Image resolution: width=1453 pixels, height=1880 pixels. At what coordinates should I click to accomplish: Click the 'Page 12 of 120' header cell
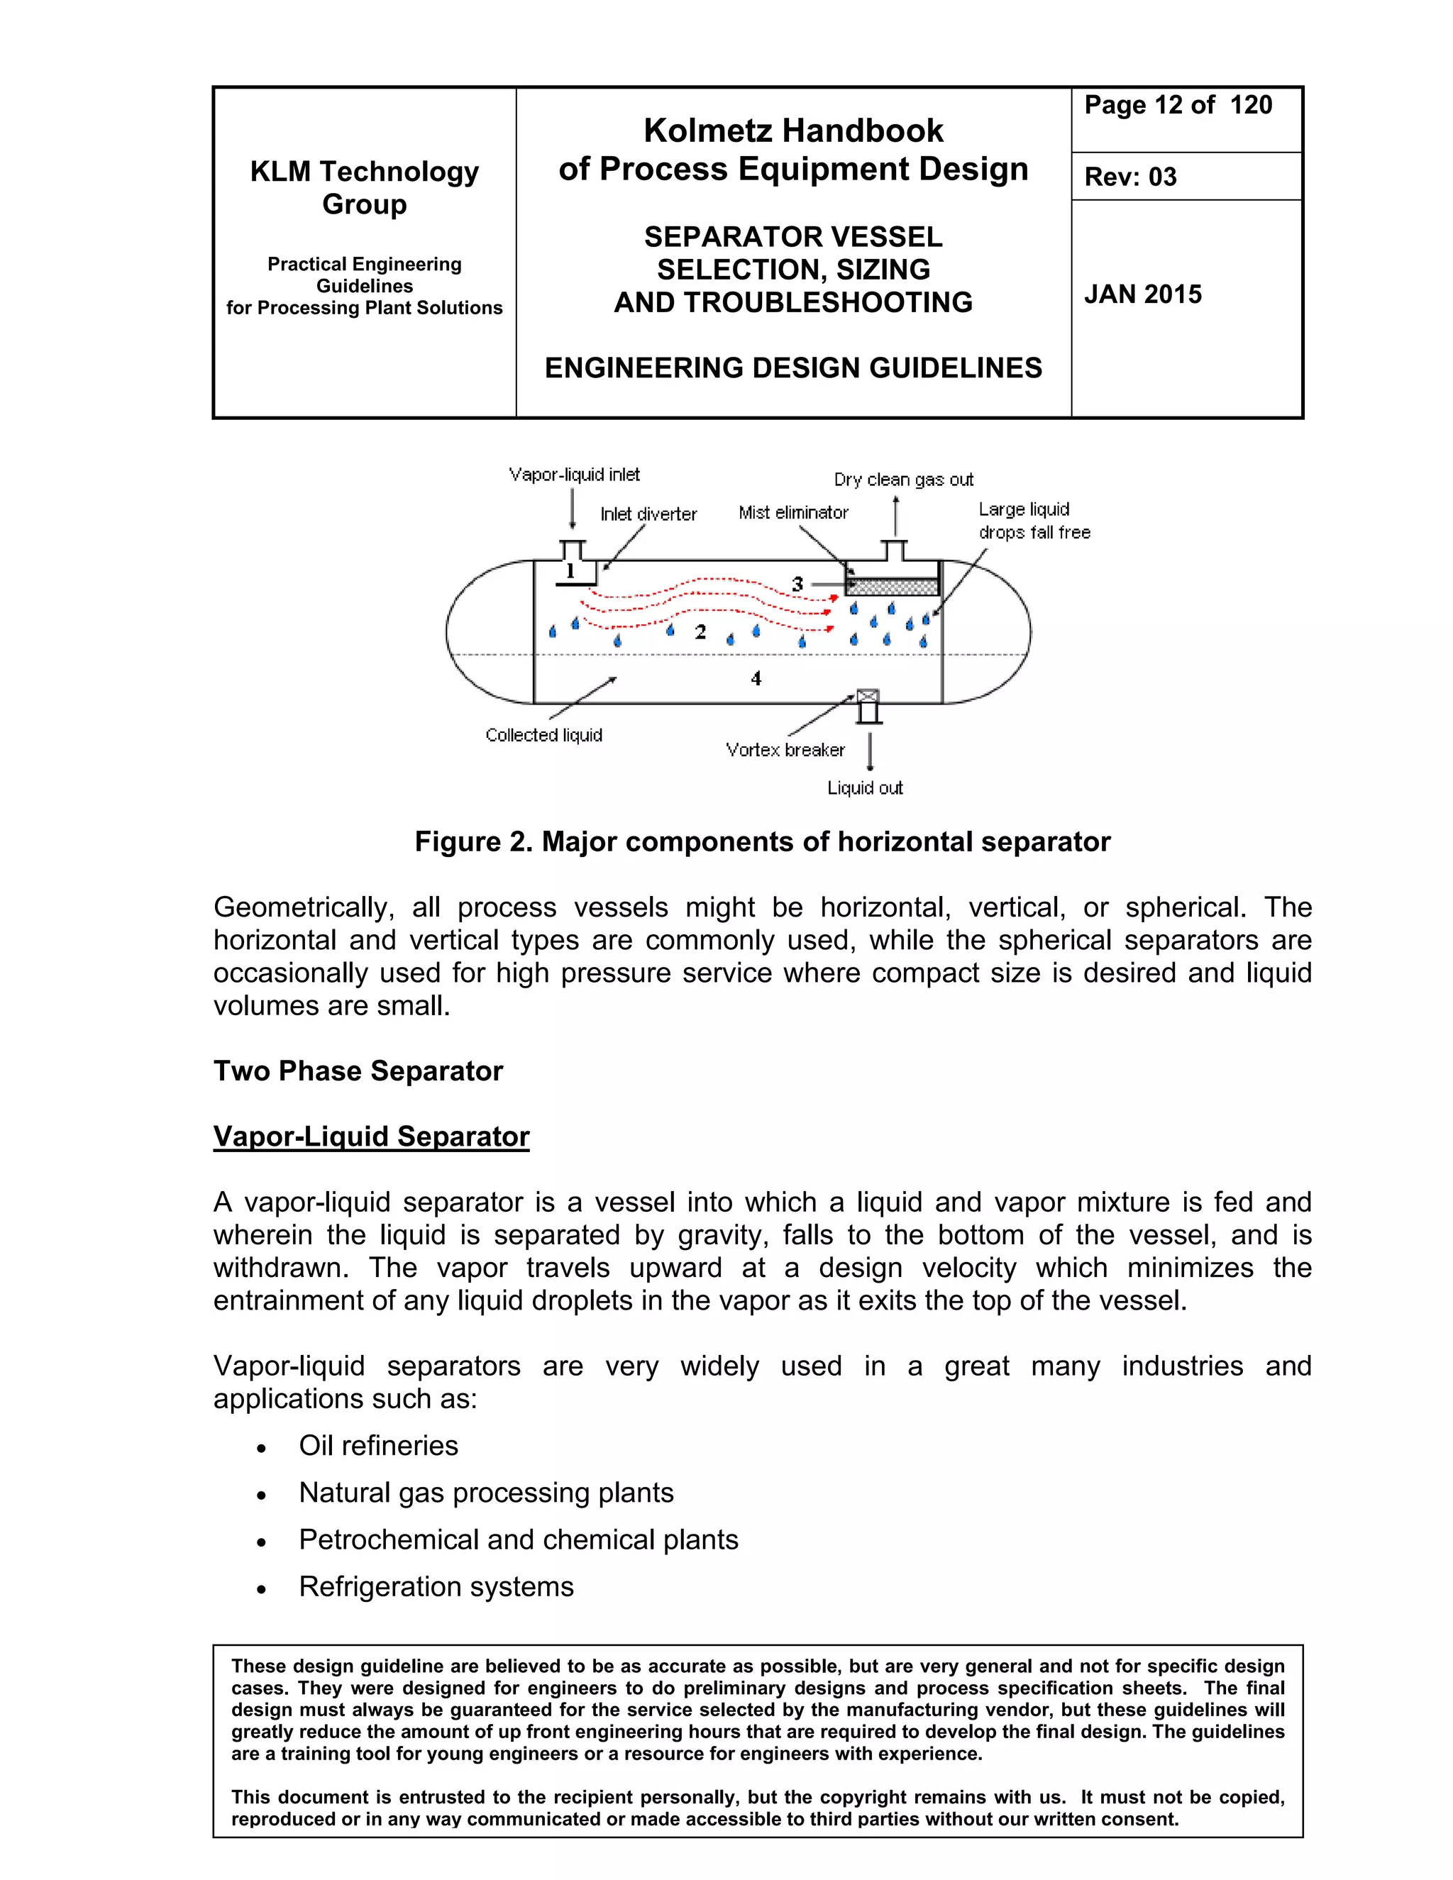1177,106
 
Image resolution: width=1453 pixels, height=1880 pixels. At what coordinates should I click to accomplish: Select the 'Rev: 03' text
1129,177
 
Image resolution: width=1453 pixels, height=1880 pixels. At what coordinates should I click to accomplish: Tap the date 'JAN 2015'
1142,294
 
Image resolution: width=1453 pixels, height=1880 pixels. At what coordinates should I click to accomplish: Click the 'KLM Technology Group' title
364,188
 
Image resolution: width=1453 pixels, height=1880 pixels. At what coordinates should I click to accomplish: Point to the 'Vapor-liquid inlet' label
574,475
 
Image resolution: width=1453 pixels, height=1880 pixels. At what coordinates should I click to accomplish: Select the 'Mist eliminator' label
792,513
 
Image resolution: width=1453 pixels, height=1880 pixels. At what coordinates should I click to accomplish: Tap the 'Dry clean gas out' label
903,480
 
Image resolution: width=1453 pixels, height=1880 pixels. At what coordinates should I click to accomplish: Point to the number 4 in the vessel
756,679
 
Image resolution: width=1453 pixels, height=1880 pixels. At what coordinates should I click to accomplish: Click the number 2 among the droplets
700,633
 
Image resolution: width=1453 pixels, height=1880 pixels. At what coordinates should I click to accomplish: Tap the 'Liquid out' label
864,788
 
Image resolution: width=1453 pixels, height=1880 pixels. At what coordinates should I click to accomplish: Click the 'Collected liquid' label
543,736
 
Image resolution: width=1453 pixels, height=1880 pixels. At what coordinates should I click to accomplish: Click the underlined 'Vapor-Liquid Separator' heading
371,1137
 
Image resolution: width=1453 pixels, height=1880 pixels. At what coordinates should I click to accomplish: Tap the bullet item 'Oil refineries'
378,1445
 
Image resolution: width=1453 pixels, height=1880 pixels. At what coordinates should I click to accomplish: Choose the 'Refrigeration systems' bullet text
436,1586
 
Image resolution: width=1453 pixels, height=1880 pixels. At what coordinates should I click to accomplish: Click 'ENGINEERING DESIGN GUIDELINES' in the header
792,368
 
